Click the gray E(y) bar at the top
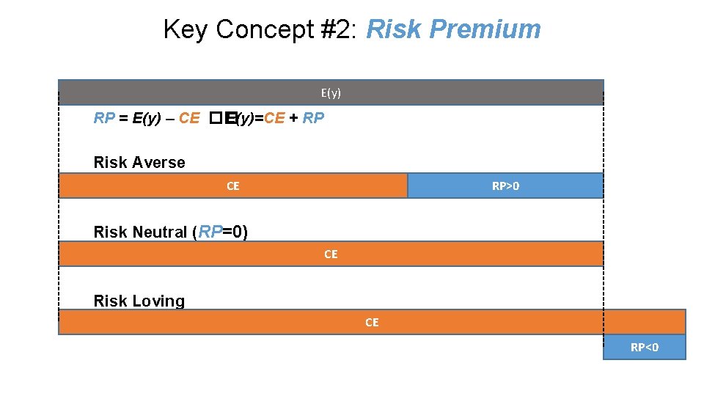point(220,92)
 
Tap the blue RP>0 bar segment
point(505,186)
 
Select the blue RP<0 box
point(645,347)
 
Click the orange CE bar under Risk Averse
point(232,186)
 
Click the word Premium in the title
point(485,29)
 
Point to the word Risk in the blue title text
point(393,29)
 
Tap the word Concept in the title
point(264,29)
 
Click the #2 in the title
point(338,29)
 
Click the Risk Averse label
point(139,162)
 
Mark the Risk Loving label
point(139,301)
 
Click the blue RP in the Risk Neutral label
point(210,232)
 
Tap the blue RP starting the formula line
point(104,118)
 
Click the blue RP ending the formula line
point(313,118)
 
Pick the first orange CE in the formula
point(188,118)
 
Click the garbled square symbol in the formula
point(214,118)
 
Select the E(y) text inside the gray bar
point(331,92)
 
